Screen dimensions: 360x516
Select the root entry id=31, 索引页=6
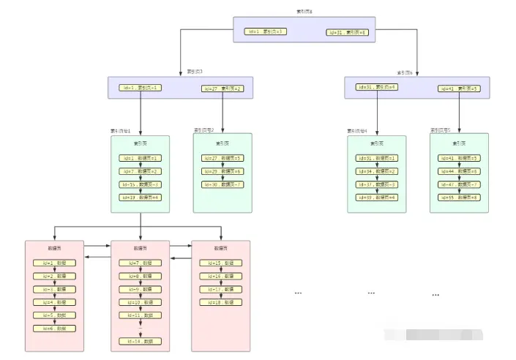346,32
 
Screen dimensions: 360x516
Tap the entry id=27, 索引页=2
223,89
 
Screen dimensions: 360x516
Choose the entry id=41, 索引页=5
459,89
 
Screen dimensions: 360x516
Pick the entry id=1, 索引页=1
141,88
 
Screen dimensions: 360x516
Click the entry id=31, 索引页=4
377,87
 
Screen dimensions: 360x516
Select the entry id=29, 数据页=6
223,171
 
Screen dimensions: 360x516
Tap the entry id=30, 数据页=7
223,184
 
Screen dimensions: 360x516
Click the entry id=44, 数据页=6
459,171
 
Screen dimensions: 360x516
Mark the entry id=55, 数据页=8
459,198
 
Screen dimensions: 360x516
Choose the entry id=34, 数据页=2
377,171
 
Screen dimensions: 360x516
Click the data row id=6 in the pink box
54,329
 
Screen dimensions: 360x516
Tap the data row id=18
221,302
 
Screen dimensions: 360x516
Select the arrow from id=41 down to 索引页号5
460,112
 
